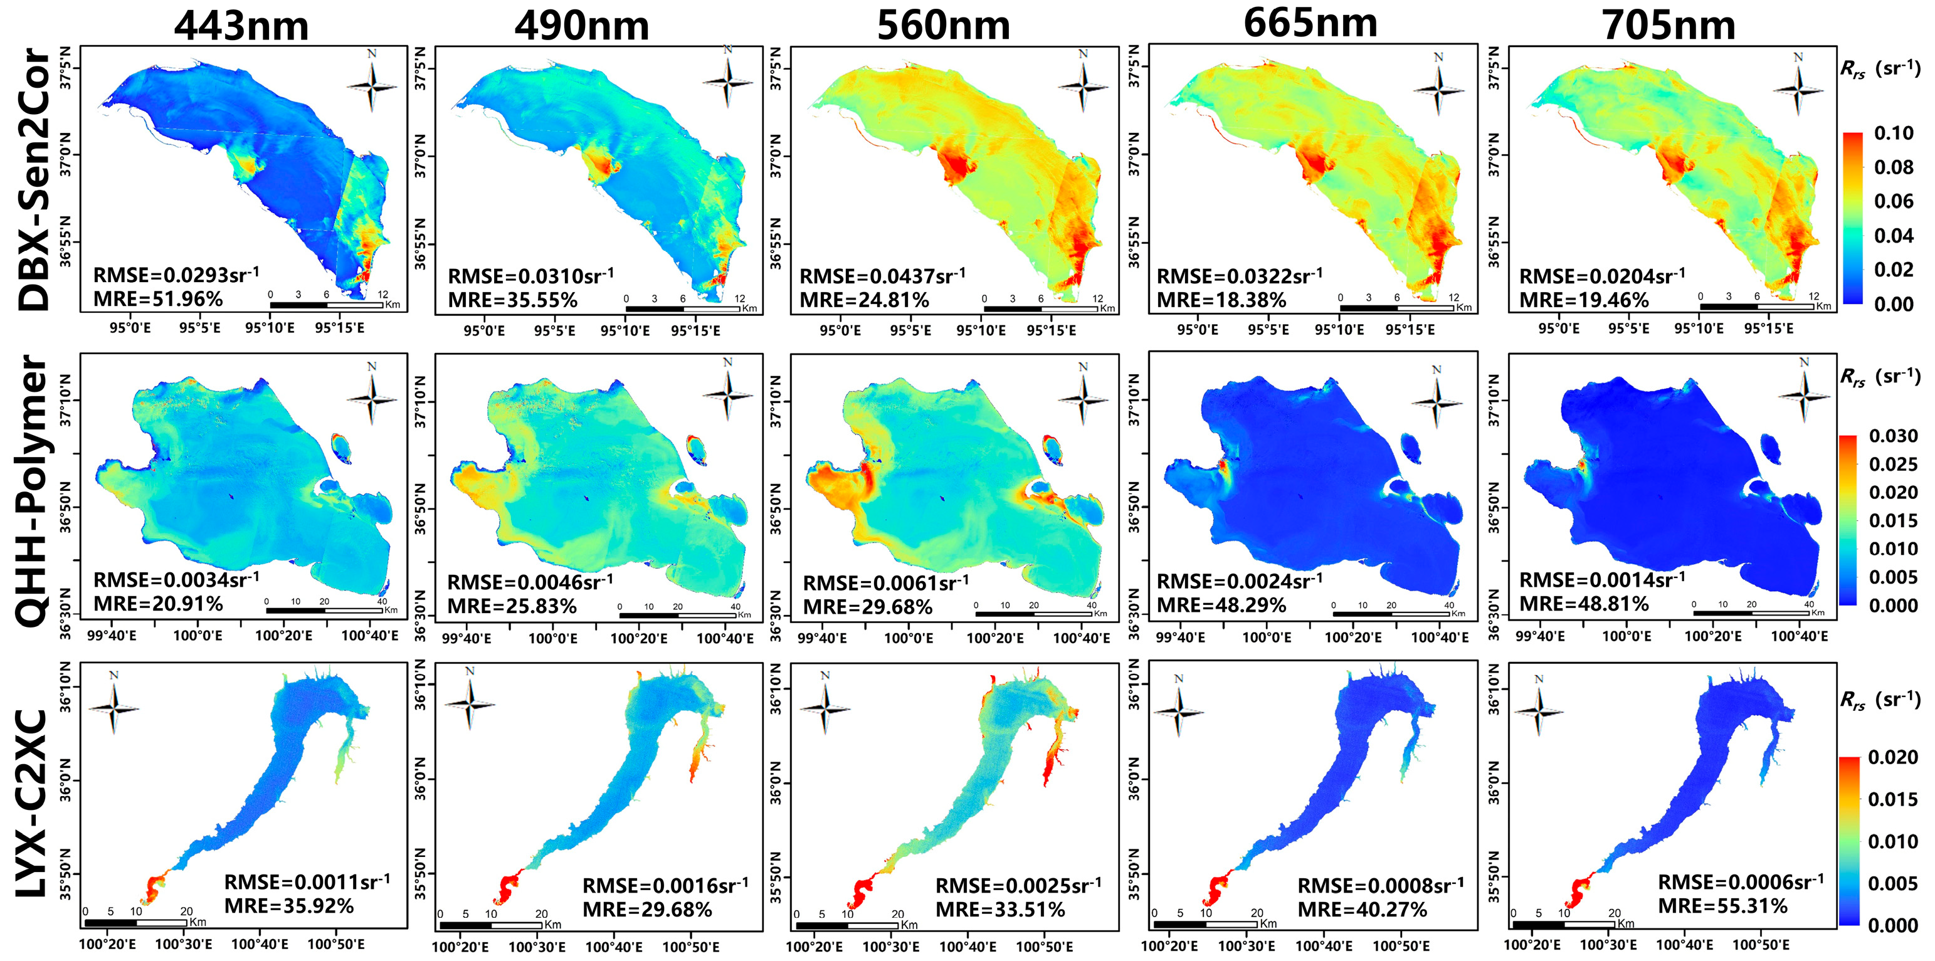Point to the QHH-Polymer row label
[34, 491]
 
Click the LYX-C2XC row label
[34, 803]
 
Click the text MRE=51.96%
[158, 299]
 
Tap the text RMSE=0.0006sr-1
[1741, 882]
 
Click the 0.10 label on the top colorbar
[1894, 134]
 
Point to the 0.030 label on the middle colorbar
[1893, 436]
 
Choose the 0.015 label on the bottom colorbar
[1893, 799]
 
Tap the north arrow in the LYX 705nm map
[1538, 706]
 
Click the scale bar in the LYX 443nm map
[135, 922]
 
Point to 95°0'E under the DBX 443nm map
[130, 328]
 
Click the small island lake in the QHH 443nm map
[341, 448]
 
